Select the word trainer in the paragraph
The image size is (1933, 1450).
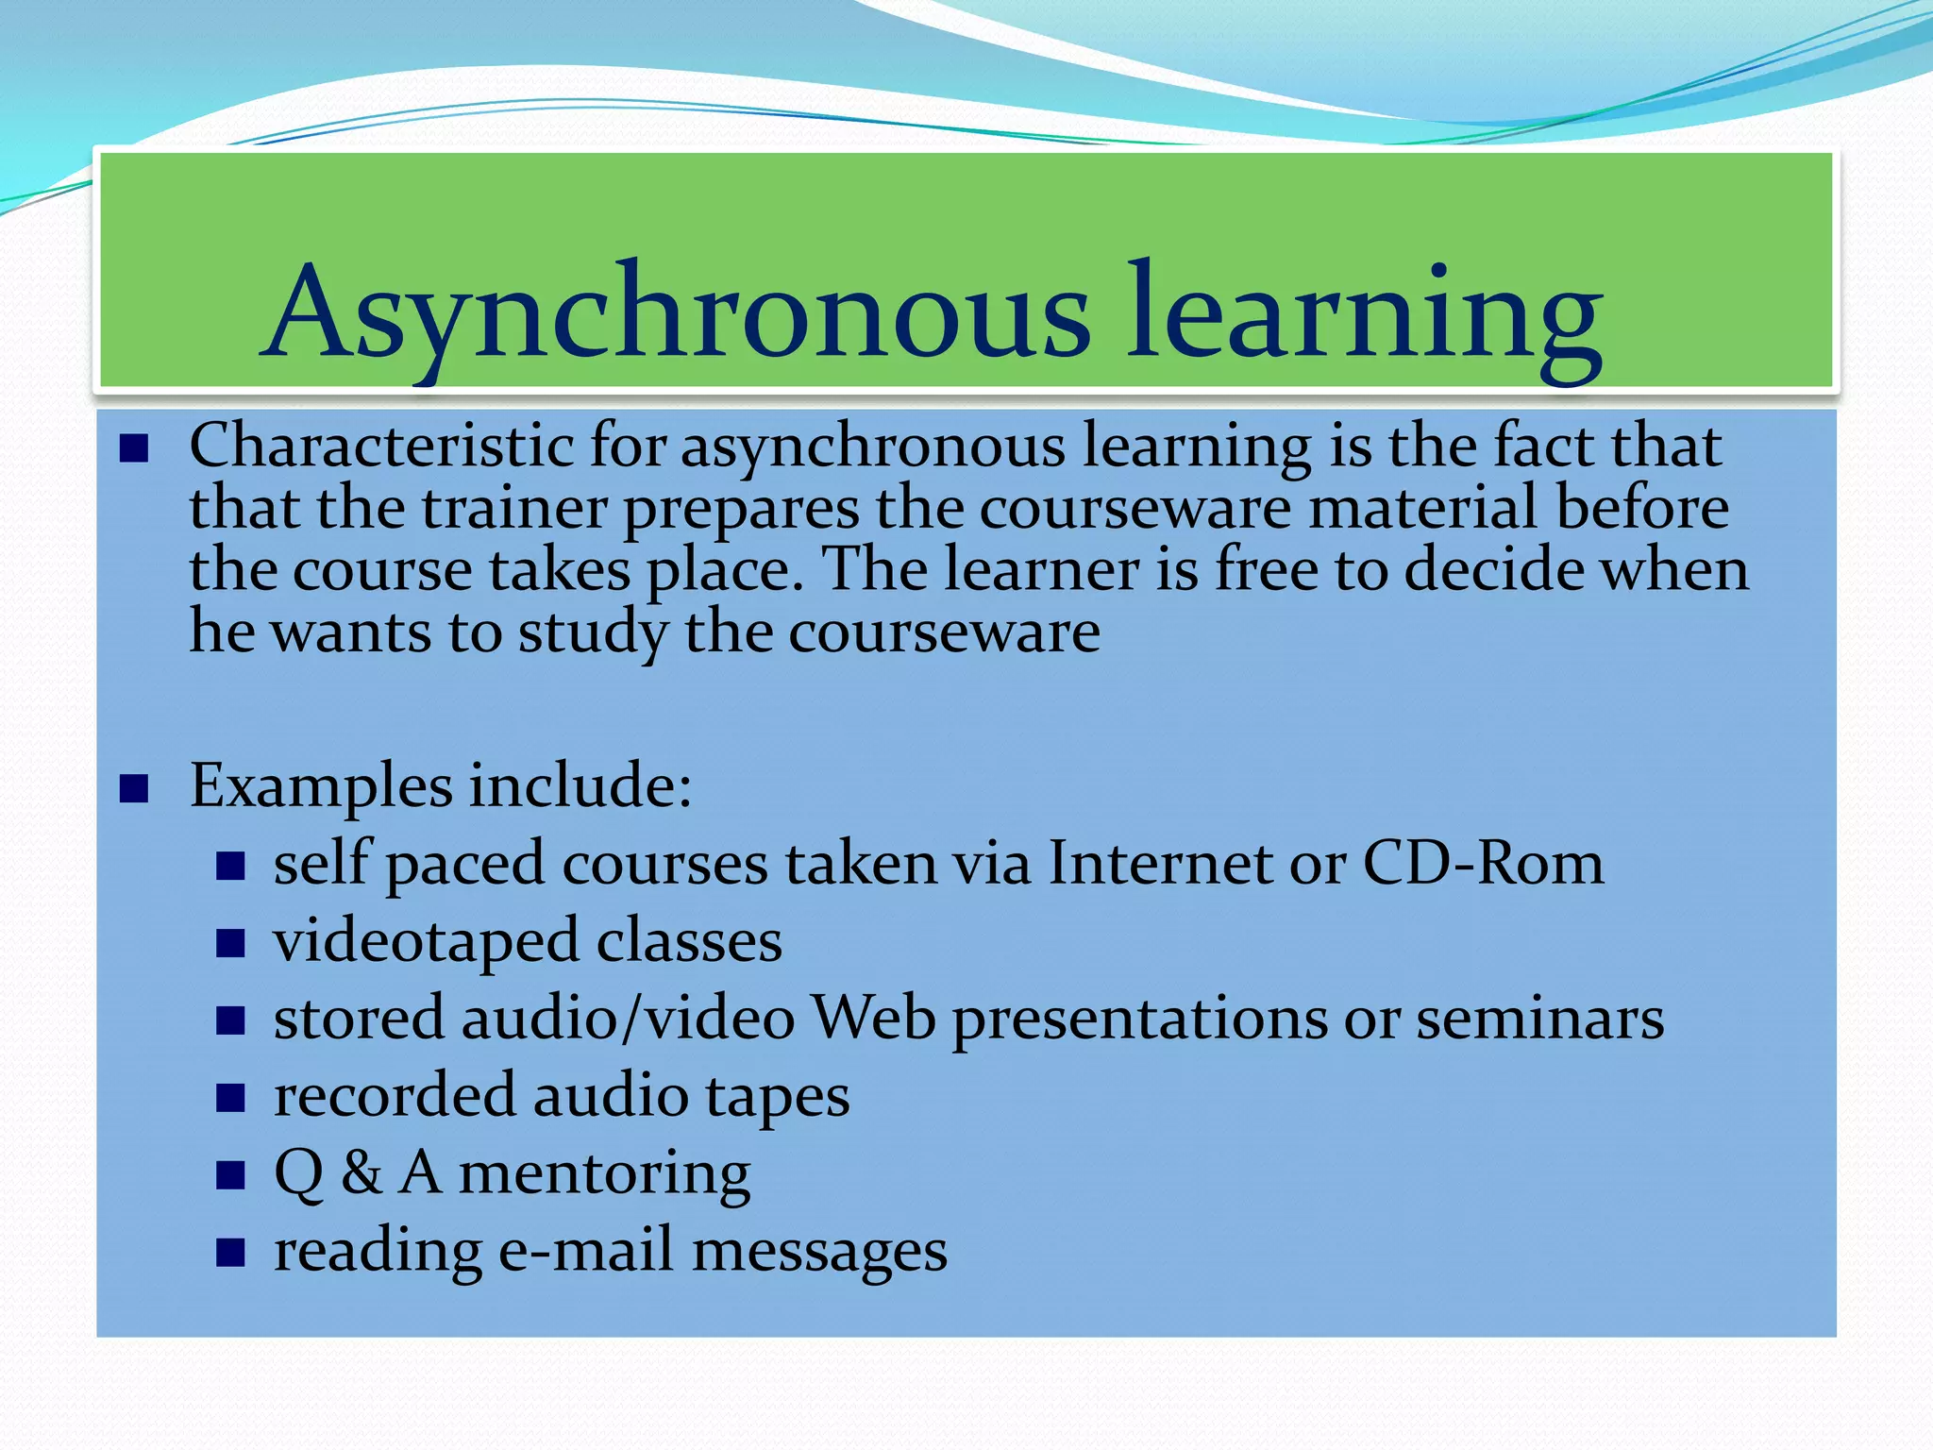coord(514,509)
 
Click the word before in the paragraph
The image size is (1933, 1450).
coord(1642,509)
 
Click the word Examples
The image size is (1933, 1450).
coord(321,786)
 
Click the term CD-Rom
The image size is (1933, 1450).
coord(1483,864)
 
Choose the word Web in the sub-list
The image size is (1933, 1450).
coord(874,1020)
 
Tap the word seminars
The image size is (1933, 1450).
coord(1539,1020)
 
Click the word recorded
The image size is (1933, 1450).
coord(395,1097)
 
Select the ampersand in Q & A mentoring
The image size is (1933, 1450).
coord(361,1173)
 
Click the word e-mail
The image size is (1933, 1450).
coord(586,1252)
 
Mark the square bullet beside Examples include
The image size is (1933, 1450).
coord(135,787)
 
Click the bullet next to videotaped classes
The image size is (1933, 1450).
coord(230,943)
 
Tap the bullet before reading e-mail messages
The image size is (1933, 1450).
coord(230,1253)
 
